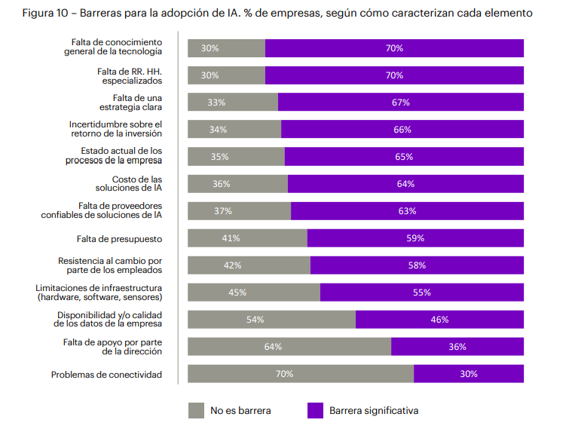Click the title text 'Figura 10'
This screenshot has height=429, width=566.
point(47,13)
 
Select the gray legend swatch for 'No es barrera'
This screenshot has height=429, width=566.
point(196,410)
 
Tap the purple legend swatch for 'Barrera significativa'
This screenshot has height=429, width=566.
point(316,410)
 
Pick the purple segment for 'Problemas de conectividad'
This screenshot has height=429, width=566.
point(468,373)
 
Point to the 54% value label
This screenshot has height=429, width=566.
point(255,320)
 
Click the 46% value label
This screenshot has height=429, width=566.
point(439,320)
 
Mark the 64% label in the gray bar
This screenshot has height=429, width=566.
point(273,347)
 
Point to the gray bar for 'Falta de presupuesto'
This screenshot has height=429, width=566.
point(247,238)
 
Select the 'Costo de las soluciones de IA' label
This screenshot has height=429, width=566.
point(128,183)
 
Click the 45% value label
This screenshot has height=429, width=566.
point(237,293)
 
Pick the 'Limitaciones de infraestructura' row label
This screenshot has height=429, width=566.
point(99,293)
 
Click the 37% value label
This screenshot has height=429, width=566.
point(222,211)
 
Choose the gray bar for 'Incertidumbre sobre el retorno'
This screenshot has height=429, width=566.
point(234,130)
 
